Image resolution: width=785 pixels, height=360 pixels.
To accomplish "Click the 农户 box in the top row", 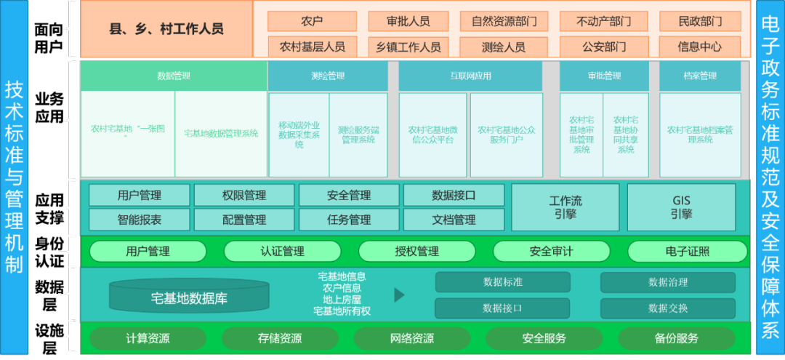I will [311, 21].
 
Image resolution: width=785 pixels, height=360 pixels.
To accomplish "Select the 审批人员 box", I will [408, 21].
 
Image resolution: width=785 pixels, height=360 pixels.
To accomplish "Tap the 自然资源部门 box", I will [504, 21].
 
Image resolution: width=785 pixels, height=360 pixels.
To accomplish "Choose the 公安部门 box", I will [604, 47].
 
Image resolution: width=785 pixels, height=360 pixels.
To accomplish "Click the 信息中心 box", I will [699, 47].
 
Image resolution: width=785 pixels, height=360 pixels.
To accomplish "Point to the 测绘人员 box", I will [504, 47].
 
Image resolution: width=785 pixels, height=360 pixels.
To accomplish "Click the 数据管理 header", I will [173, 76].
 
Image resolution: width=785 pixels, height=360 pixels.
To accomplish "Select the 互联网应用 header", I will [470, 76].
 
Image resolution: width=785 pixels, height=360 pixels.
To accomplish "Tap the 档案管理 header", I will [699, 76].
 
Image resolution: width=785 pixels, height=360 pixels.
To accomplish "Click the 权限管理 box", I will [244, 195].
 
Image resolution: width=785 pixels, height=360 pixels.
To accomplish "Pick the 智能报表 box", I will [139, 219].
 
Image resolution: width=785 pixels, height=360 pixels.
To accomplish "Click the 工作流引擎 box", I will [565, 207].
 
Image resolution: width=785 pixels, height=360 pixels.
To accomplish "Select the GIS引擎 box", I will [681, 207].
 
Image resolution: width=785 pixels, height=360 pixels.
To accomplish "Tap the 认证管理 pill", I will [282, 252].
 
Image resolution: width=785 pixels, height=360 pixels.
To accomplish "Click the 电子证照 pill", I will [687, 252].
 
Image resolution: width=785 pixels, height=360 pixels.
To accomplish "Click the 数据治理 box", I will [667, 282].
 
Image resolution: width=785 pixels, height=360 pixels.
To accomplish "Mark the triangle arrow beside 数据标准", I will [399, 295].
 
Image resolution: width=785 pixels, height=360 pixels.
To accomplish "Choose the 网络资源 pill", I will [406, 338].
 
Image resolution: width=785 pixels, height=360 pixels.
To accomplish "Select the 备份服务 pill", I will [676, 338].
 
